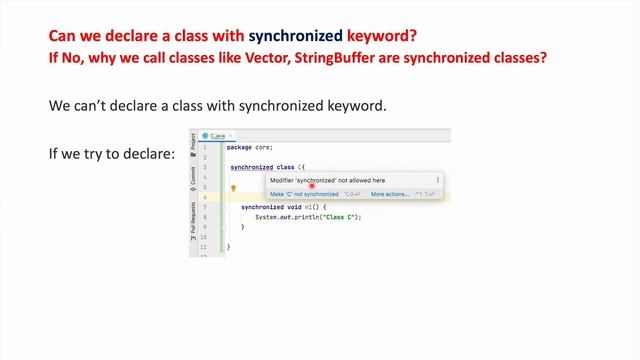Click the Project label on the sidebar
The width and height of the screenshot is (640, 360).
(193, 142)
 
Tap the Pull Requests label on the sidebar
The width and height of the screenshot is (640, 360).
(193, 221)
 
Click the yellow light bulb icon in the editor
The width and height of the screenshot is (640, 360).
(233, 187)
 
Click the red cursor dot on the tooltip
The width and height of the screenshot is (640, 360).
(312, 184)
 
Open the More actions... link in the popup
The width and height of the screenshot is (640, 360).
(389, 194)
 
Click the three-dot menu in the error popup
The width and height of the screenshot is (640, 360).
(437, 180)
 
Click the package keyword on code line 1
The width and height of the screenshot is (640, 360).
(240, 147)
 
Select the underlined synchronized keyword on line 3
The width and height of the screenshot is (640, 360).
(251, 167)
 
